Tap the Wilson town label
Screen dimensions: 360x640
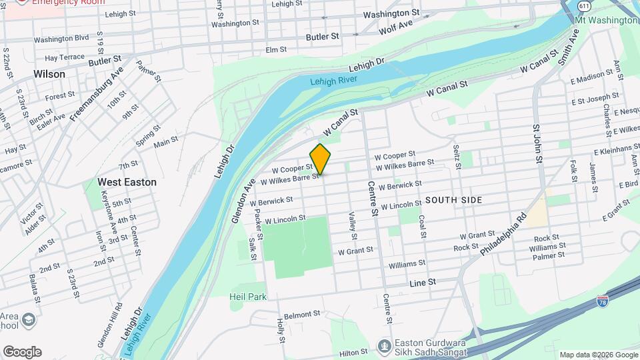[49, 74]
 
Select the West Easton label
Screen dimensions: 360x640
[127, 182]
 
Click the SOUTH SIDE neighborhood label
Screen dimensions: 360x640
[453, 200]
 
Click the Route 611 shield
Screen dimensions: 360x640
[584, 5]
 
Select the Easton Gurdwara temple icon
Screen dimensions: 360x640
[383, 346]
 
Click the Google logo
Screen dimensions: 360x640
[22, 352]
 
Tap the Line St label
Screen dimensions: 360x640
[422, 283]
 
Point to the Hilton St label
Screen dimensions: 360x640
[353, 351]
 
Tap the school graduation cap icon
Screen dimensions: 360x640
[29, 321]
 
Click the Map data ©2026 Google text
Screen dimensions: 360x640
[598, 355]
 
